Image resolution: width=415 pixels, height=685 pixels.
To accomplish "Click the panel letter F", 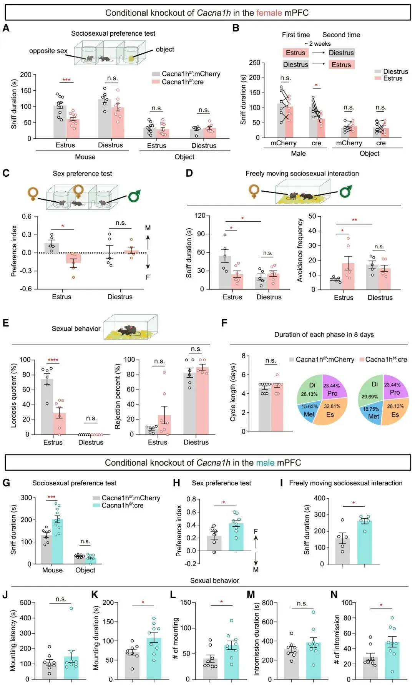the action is pos(224,323).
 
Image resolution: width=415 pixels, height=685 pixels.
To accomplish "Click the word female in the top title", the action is pos(269,13).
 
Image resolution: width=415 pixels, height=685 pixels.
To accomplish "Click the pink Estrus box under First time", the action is pos(295,53).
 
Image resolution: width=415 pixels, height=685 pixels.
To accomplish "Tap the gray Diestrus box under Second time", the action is pos(341,53).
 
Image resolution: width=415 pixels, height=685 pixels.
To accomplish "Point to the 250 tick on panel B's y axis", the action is pos(254,62).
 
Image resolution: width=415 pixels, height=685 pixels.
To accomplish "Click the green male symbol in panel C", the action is pos(134,196).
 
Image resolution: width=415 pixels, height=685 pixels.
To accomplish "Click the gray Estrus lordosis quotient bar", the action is pos(47,406).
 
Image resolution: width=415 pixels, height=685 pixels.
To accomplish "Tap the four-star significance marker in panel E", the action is pos(53,360).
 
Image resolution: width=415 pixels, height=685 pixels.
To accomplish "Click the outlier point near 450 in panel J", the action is pos(71,608).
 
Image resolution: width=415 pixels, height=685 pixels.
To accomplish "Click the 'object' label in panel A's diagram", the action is pos(165,50).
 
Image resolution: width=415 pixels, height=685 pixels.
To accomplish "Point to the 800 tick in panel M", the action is pos(267,603).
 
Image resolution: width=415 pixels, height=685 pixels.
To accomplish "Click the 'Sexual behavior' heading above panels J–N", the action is pos(214,581).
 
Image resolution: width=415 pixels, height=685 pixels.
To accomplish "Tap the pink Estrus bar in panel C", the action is pos(73,258).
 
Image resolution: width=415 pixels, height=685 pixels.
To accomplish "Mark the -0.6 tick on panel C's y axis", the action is pos(27,289).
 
